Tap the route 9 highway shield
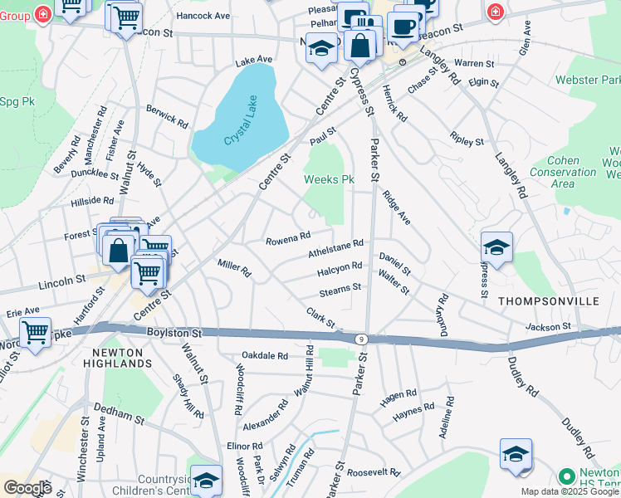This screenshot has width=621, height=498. [361, 339]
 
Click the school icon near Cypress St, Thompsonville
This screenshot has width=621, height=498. [496, 247]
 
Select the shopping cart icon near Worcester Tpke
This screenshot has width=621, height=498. [35, 332]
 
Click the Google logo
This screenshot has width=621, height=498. [27, 487]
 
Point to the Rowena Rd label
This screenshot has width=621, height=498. [287, 240]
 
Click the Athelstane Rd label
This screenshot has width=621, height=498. [336, 248]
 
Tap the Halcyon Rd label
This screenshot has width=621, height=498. [339, 269]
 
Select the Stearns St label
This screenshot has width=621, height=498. [340, 290]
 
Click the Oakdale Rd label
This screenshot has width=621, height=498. [264, 355]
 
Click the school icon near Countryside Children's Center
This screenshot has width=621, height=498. [206, 480]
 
